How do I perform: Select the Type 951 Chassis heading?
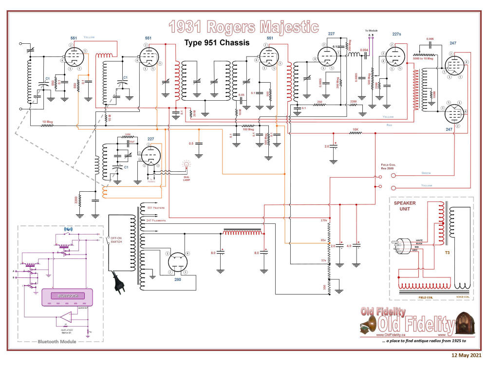pyautogui.click(x=217, y=43)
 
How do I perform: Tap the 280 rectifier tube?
pyautogui.click(x=178, y=265)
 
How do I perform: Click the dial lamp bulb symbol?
pyautogui.click(x=185, y=165)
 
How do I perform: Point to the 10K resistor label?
pyautogui.click(x=356, y=130)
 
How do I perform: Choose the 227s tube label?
pyautogui.click(x=396, y=34)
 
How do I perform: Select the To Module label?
pyautogui.click(x=371, y=31)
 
